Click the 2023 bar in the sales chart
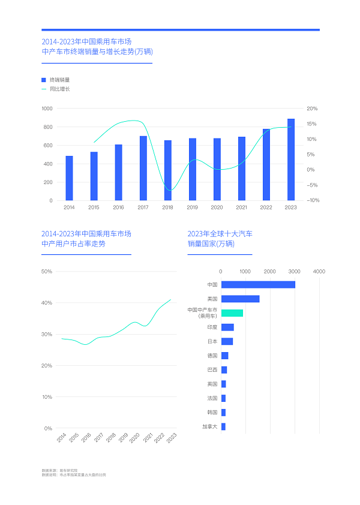click(291, 160)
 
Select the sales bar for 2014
click(69, 178)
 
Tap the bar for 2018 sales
click(168, 170)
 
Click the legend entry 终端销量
click(59, 79)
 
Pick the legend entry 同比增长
click(59, 89)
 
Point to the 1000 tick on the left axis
click(47, 109)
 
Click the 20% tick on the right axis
click(312, 109)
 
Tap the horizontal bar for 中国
click(258, 284)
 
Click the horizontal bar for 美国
click(240, 299)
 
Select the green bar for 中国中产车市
click(232, 312)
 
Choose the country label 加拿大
click(210, 427)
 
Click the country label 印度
click(212, 327)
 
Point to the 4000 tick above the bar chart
click(319, 272)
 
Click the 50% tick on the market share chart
click(47, 272)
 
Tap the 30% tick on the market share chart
click(47, 334)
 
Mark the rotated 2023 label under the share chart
click(170, 438)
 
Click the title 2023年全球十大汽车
click(220, 233)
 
